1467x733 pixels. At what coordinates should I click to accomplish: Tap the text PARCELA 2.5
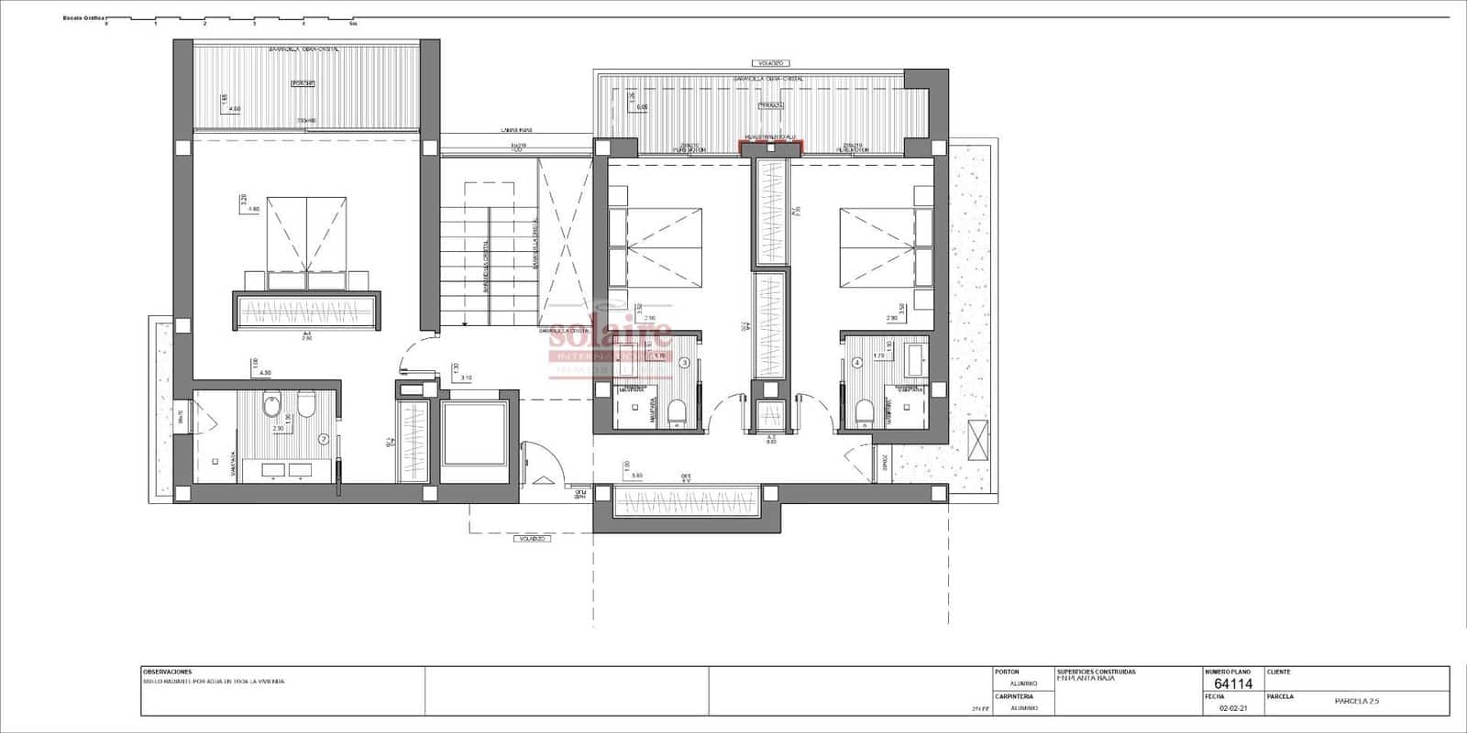[1357, 701]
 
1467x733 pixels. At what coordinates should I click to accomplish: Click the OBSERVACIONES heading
[167, 672]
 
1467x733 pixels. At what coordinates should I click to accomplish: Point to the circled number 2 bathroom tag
[323, 439]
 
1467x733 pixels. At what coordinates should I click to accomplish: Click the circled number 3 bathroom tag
[684, 363]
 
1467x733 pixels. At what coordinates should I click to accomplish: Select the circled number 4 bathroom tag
[857, 362]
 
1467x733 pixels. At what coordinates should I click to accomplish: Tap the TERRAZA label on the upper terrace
[770, 105]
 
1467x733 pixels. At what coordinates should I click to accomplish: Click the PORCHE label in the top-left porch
[303, 83]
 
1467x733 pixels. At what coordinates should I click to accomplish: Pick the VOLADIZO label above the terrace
[770, 63]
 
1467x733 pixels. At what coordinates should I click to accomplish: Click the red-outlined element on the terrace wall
[771, 145]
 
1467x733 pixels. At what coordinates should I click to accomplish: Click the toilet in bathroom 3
[678, 412]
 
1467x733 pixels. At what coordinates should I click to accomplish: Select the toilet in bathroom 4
[863, 412]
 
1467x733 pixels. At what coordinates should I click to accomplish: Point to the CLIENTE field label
[1278, 672]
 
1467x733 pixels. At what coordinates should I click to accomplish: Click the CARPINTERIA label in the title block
[1014, 696]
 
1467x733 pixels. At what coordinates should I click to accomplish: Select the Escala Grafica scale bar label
[83, 17]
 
